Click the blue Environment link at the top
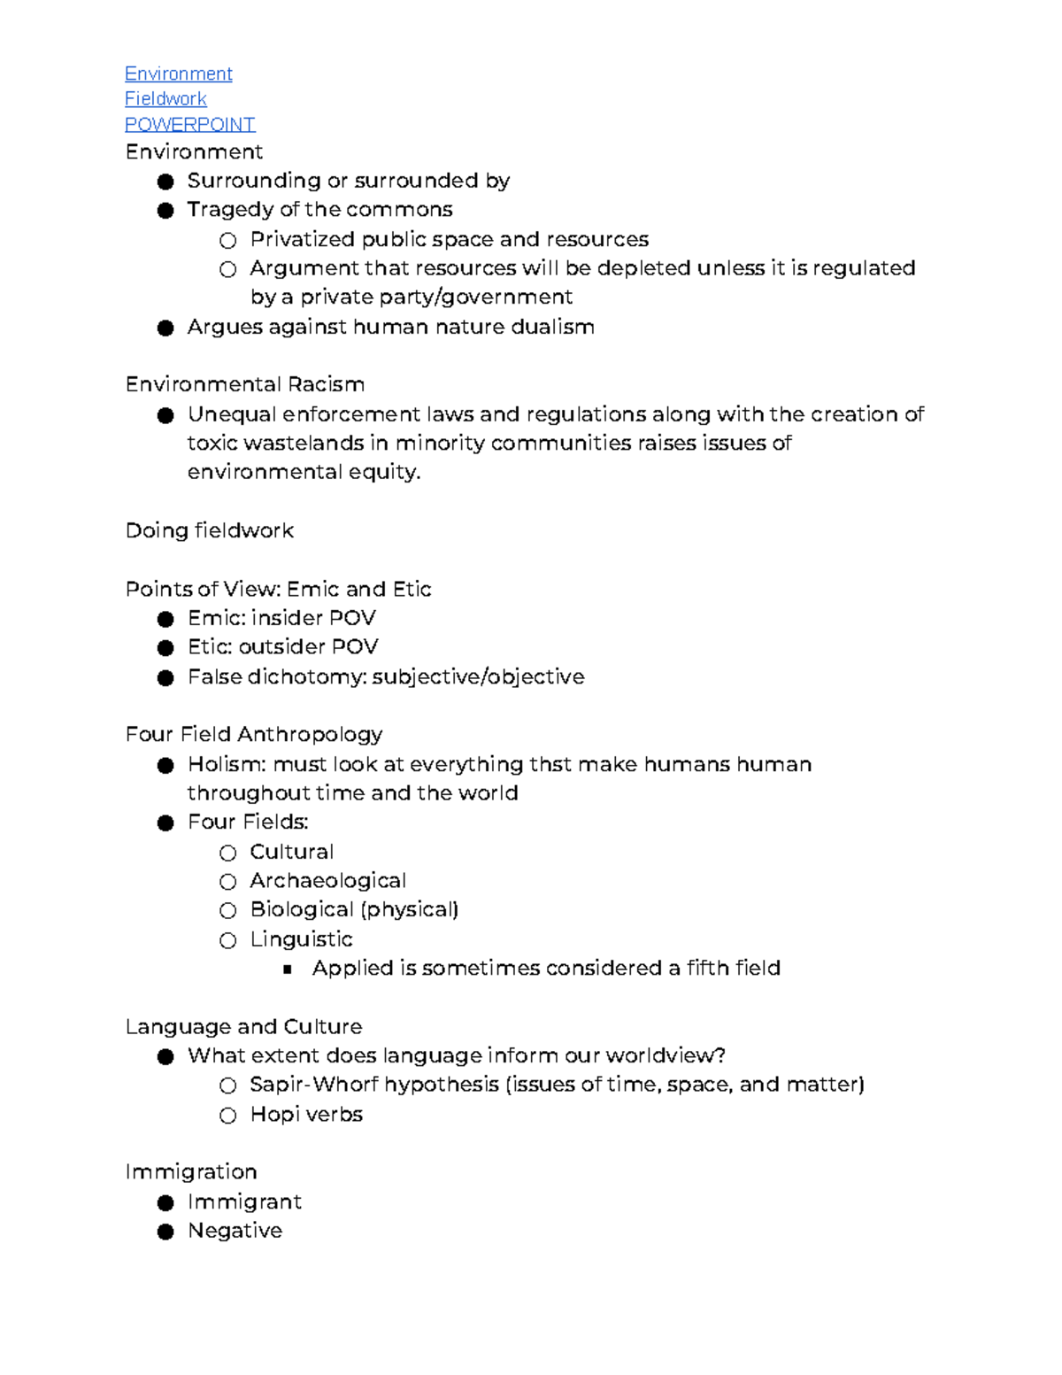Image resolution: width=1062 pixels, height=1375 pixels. (178, 73)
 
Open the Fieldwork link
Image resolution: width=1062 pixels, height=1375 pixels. (165, 99)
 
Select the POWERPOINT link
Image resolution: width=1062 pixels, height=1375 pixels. (189, 124)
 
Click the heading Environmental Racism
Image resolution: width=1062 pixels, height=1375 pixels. (244, 384)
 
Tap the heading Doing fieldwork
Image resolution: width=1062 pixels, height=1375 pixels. (209, 530)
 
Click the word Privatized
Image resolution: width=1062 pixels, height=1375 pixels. (301, 239)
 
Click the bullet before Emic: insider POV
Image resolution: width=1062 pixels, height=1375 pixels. (165, 619)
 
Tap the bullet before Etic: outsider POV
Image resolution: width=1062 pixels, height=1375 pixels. (165, 648)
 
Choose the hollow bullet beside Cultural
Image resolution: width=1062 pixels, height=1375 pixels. (228, 853)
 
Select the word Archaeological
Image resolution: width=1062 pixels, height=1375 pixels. (327, 881)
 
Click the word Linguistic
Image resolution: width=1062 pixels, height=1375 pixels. (301, 939)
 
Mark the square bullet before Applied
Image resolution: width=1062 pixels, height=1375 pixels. (287, 969)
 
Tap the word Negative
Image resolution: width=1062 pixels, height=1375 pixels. (235, 1231)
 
